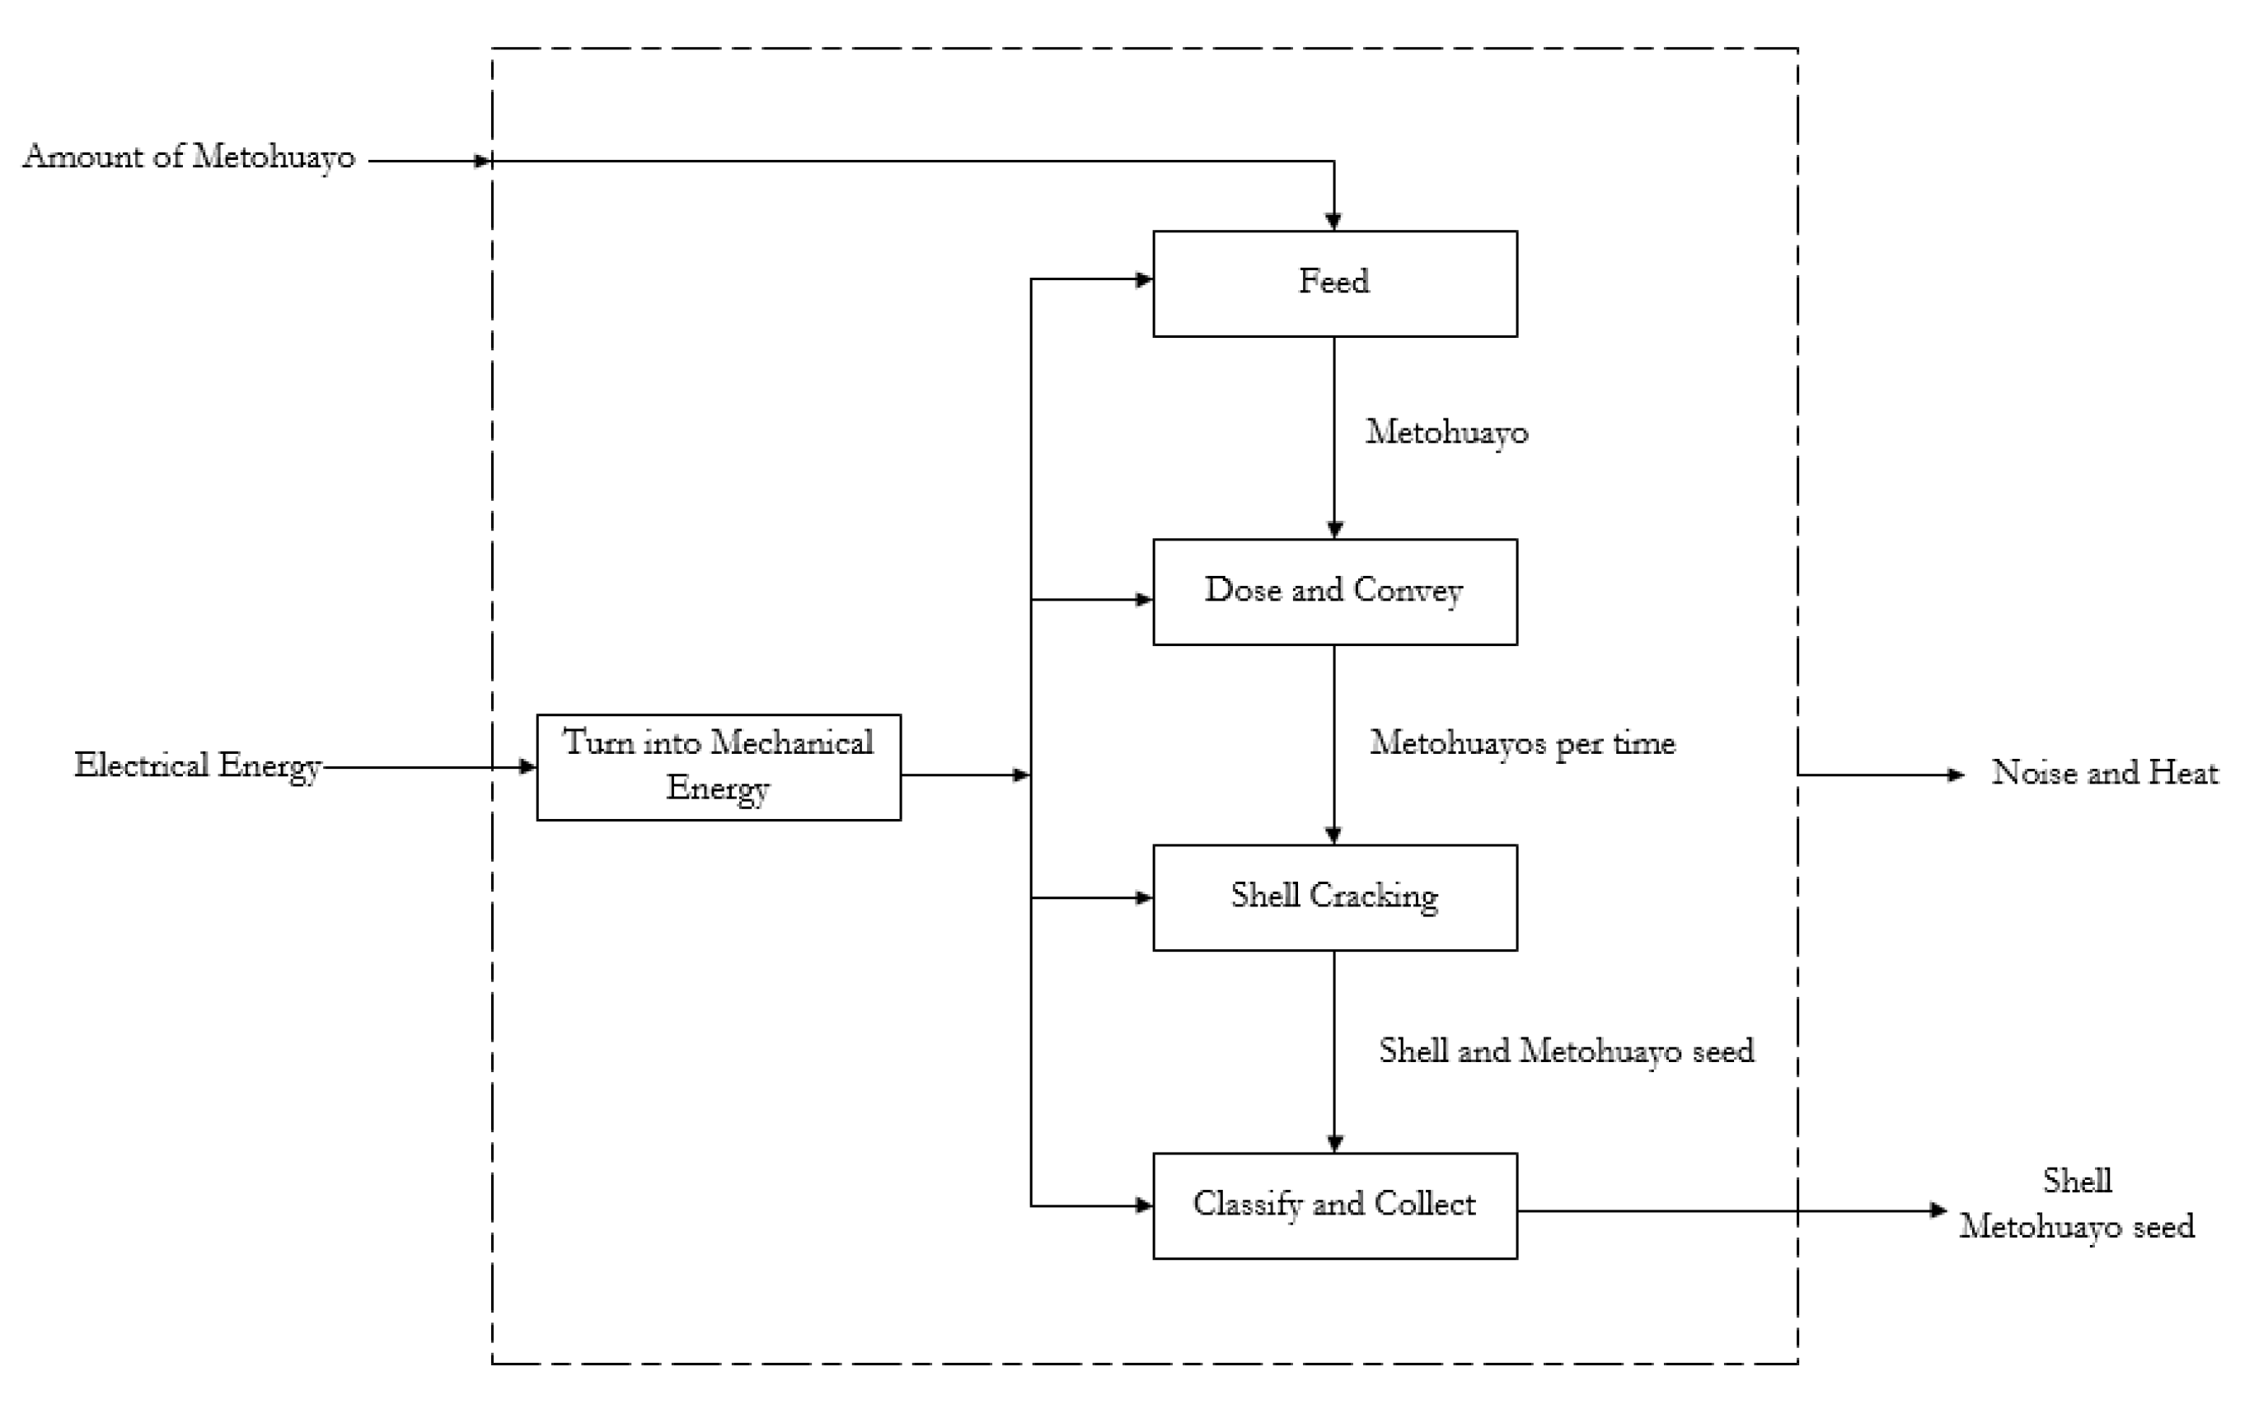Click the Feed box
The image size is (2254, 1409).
click(x=1334, y=283)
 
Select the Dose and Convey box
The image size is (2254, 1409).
click(x=1334, y=591)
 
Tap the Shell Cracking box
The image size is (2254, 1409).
click(x=1334, y=897)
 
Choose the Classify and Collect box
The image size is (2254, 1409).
click(x=1334, y=1205)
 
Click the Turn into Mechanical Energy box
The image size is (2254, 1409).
click(x=719, y=767)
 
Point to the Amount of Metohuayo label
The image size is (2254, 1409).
click(x=190, y=157)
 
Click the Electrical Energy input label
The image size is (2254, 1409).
click(x=198, y=767)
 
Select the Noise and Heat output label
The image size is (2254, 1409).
click(x=2104, y=774)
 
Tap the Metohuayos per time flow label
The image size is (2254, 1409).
click(x=1521, y=743)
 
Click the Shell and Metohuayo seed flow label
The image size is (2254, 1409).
click(x=1565, y=1051)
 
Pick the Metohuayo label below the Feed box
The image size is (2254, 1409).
click(x=1446, y=433)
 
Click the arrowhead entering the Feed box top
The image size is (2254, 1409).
click(x=1334, y=222)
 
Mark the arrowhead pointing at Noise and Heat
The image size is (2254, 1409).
click(x=1956, y=775)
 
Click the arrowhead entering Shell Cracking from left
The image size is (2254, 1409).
click(x=1144, y=897)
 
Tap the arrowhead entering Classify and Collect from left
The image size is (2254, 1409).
click(x=1144, y=1205)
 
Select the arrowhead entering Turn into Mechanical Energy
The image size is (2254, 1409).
click(x=527, y=767)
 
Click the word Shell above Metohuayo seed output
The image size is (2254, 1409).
click(x=2077, y=1182)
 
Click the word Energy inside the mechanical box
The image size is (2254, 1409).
click(x=719, y=789)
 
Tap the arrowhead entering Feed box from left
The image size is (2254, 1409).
click(x=1144, y=279)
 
